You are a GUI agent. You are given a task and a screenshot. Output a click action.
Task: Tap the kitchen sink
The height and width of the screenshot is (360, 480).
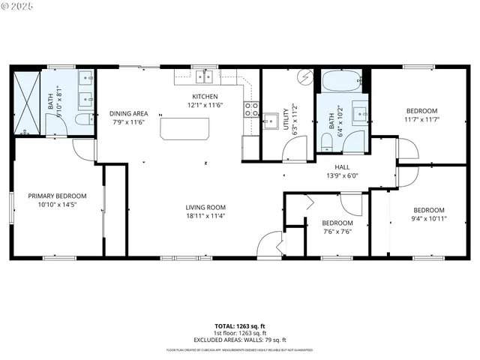204,76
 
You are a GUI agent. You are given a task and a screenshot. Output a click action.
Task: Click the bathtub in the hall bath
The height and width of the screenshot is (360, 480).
342,80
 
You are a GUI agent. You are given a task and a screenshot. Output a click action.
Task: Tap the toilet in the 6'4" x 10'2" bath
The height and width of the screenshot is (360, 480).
327,141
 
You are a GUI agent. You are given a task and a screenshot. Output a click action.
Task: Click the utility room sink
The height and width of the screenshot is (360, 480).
270,120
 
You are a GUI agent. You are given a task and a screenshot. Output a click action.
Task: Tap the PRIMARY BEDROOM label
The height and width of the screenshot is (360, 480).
57,196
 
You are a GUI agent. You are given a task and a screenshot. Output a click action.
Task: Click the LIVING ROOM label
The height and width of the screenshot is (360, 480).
206,207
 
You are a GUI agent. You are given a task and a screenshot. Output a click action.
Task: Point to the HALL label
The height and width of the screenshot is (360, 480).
342,167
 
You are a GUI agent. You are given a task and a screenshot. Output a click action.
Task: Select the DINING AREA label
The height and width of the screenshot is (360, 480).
129,113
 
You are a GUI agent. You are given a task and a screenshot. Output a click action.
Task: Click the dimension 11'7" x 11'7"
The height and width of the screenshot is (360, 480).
421,119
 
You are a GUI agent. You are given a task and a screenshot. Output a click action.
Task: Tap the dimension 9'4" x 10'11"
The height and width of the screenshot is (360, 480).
429,219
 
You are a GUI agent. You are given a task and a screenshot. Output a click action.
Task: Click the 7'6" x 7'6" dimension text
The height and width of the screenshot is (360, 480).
337,232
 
